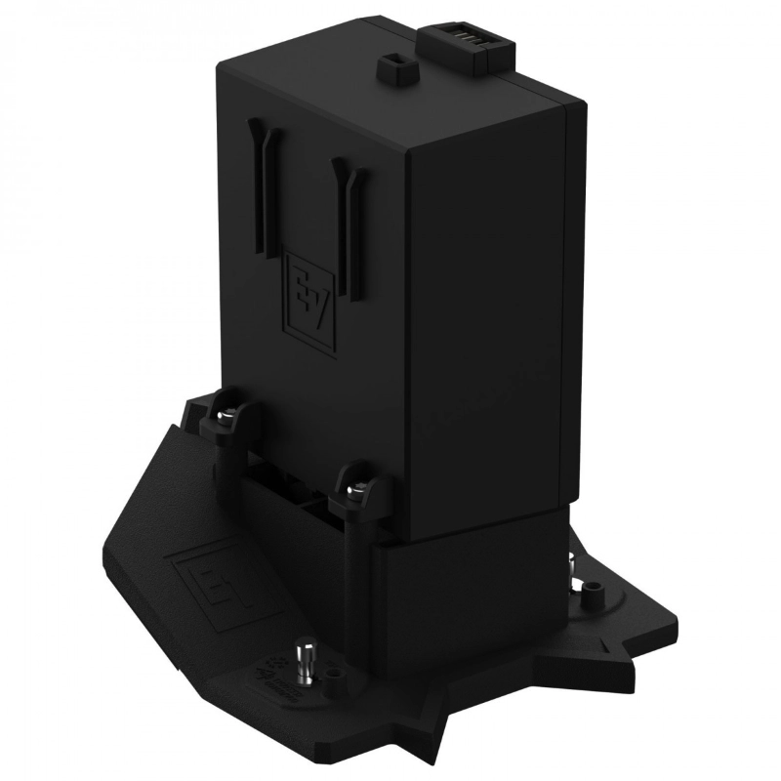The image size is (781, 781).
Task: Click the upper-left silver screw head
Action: click(x=222, y=413)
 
